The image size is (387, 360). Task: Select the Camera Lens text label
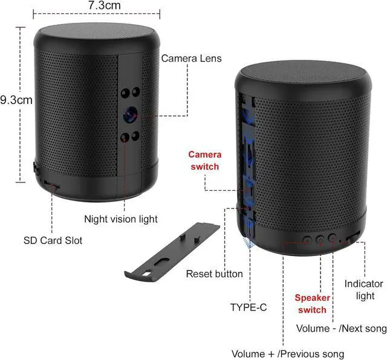[x=191, y=59]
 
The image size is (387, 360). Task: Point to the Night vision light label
[x=120, y=219]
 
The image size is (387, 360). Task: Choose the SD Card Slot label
[x=53, y=240]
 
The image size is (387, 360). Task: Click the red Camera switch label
[x=204, y=161]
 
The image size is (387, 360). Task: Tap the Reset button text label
[x=214, y=274]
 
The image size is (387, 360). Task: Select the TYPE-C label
[x=248, y=307]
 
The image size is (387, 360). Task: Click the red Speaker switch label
[x=312, y=304]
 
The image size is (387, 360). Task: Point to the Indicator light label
[x=363, y=289]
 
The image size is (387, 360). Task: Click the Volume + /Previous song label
[x=288, y=353]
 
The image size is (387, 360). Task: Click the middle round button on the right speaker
[x=320, y=239]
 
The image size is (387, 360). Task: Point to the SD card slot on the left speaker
[x=52, y=187]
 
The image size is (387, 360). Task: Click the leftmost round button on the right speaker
[x=307, y=239]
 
